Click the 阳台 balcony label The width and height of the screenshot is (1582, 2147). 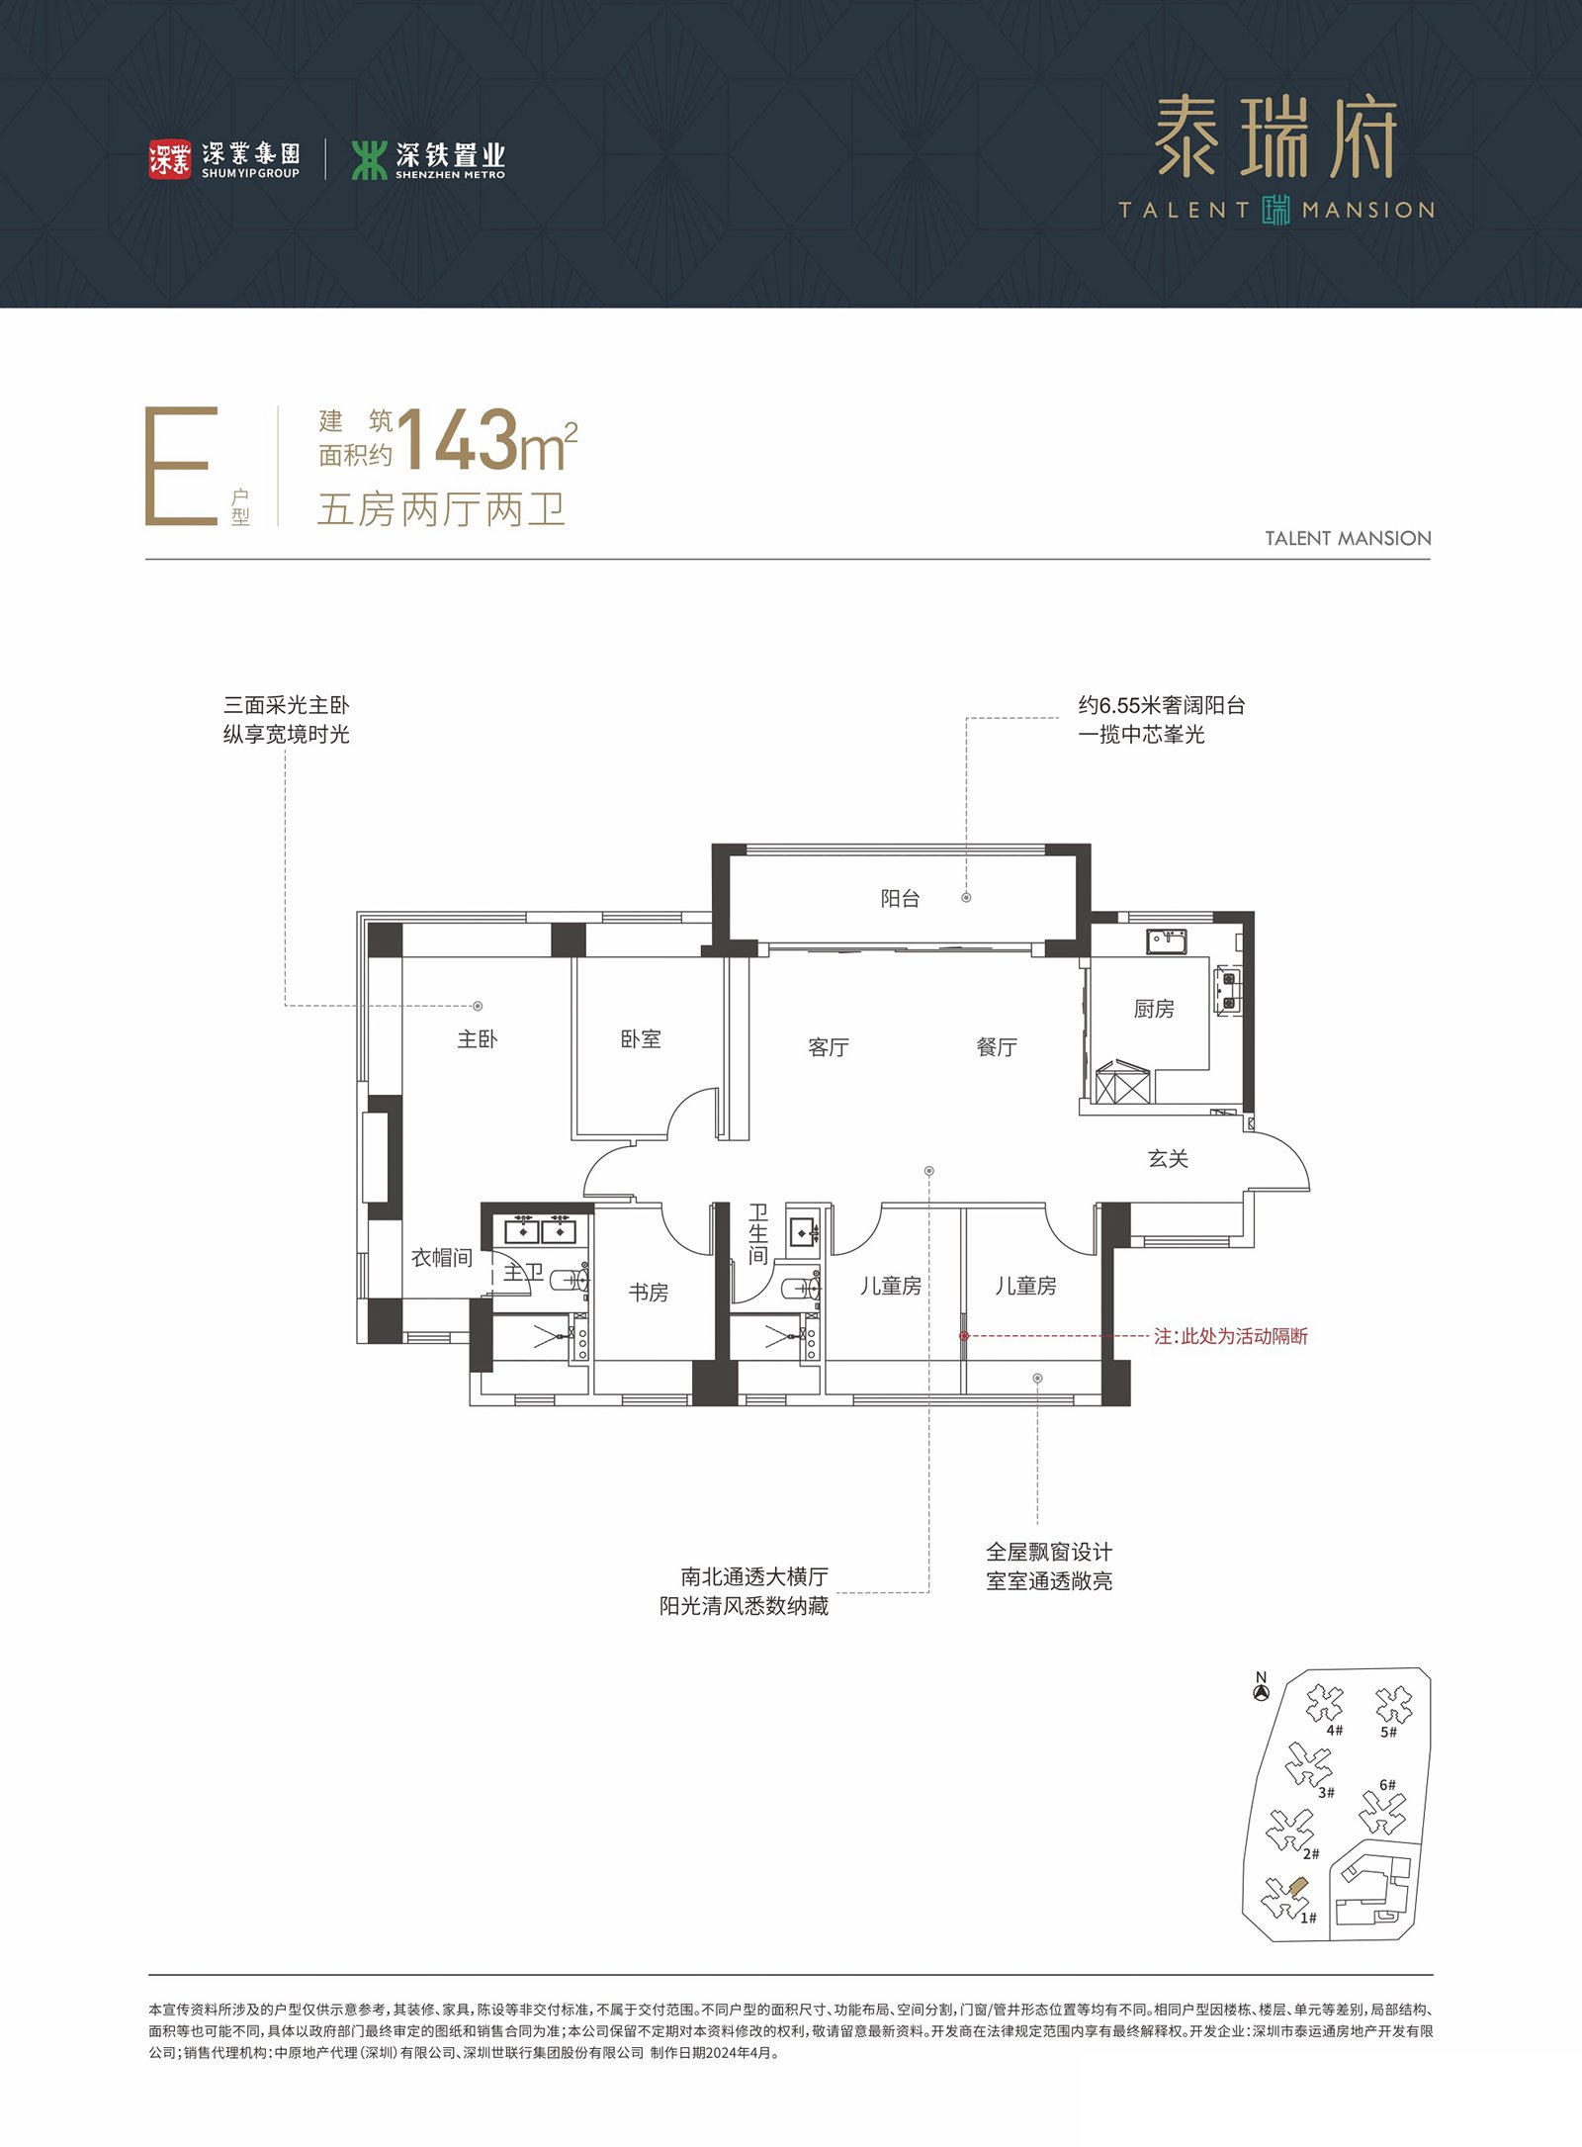pyautogui.click(x=900, y=898)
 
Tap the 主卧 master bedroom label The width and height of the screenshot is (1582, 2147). pyautogui.click(x=478, y=1038)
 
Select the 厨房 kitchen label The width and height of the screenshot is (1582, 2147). pyautogui.click(x=1154, y=1009)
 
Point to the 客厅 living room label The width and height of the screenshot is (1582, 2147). pyautogui.click(x=829, y=1047)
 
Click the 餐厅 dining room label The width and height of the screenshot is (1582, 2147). pyautogui.click(x=997, y=1047)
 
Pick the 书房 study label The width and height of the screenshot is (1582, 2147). pyautogui.click(x=649, y=1293)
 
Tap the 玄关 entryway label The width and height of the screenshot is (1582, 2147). pyautogui.click(x=1168, y=1158)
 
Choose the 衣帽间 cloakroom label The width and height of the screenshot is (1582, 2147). pyautogui.click(x=442, y=1257)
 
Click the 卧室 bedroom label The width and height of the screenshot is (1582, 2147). pyautogui.click(x=641, y=1038)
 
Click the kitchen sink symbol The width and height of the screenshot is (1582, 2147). pyautogui.click(x=1167, y=940)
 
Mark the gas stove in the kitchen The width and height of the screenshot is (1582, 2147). pyautogui.click(x=1228, y=991)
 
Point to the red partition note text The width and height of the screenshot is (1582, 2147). pyautogui.click(x=1231, y=1336)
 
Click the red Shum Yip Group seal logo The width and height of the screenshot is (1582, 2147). pyautogui.click(x=169, y=159)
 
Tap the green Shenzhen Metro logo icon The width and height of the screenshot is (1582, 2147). pyautogui.click(x=369, y=159)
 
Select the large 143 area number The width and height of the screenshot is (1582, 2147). pyautogui.click(x=458, y=440)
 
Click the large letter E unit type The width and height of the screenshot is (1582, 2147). pyautogui.click(x=181, y=465)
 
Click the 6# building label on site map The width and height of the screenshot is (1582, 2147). pyautogui.click(x=1387, y=1785)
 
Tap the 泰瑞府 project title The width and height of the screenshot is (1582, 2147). pyautogui.click(x=1276, y=137)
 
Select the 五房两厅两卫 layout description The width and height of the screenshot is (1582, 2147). pyautogui.click(x=441, y=510)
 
